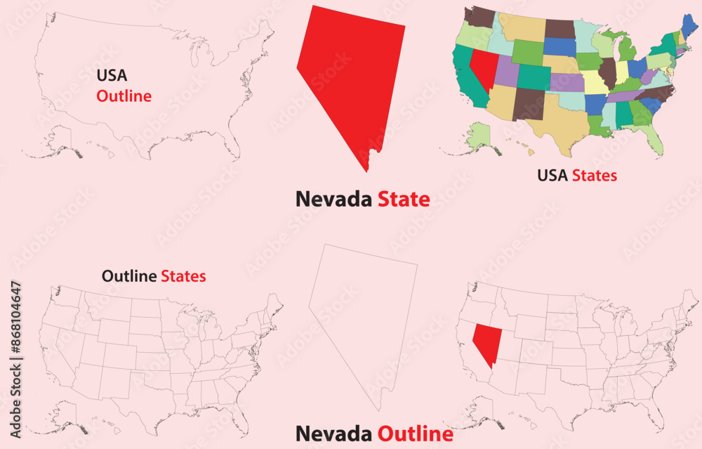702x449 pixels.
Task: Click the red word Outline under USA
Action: pyautogui.click(x=124, y=96)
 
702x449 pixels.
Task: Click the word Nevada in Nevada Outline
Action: pyautogui.click(x=333, y=434)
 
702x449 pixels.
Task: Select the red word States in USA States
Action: pyautogui.click(x=594, y=175)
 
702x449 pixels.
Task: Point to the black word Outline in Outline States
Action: pyautogui.click(x=129, y=276)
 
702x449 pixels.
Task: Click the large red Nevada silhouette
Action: pyautogui.click(x=351, y=77)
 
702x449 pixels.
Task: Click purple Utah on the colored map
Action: pyautogui.click(x=506, y=71)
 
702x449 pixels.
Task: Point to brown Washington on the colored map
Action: pyautogui.click(x=480, y=16)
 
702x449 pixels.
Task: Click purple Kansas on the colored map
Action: pyautogui.click(x=567, y=82)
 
